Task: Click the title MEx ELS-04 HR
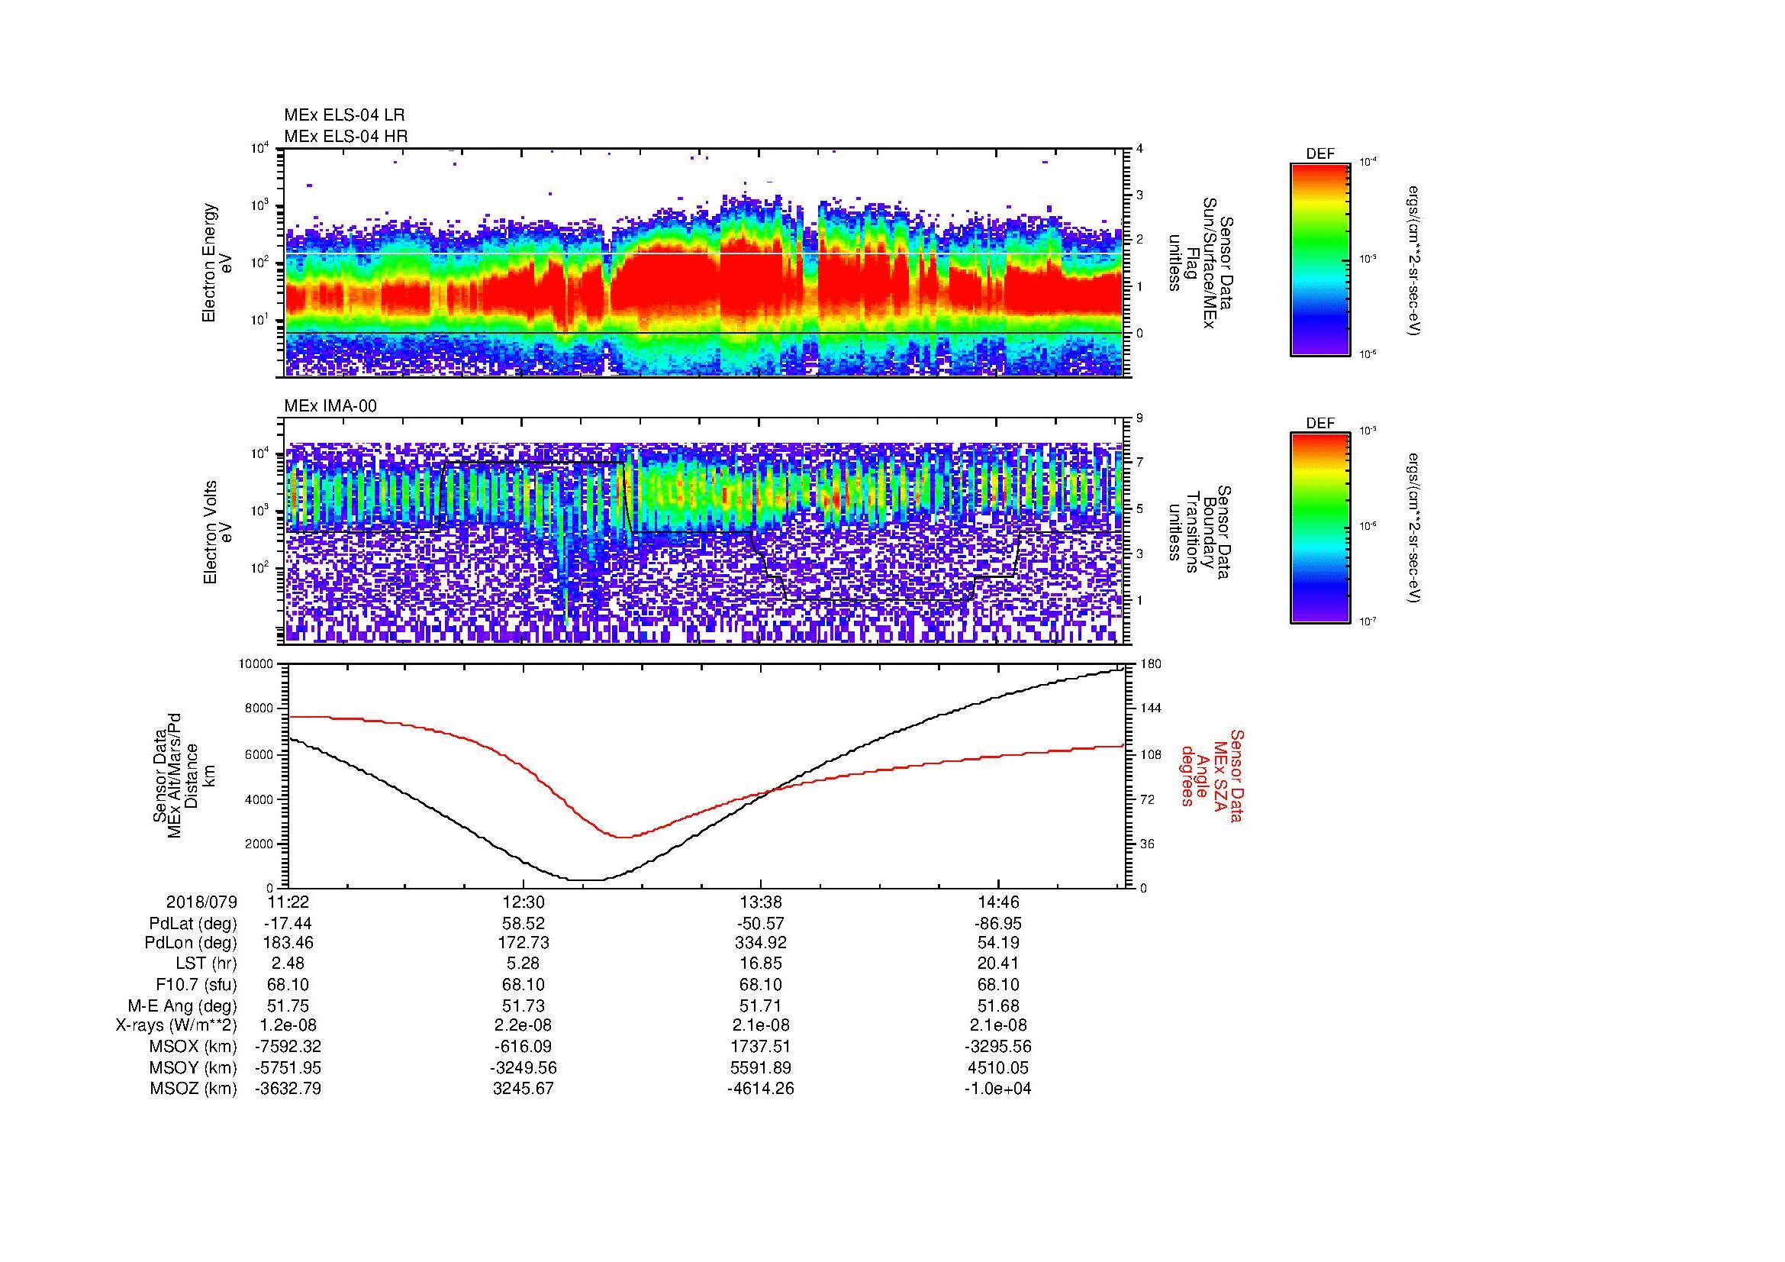click(x=345, y=136)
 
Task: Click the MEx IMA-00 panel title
click(x=330, y=406)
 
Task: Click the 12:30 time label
click(x=524, y=902)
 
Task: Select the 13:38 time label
click(x=760, y=902)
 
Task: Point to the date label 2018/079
click(x=201, y=902)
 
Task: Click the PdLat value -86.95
click(x=997, y=924)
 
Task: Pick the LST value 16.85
click(x=760, y=964)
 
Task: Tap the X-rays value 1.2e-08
click(x=288, y=1025)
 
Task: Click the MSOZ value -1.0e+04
click(x=997, y=1089)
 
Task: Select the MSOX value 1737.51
click(x=760, y=1047)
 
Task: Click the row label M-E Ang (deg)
click(x=182, y=1005)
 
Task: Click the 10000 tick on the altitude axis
click(x=256, y=664)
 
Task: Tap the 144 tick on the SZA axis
click(x=1149, y=708)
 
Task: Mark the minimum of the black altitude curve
click(x=588, y=880)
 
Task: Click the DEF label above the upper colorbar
click(x=1319, y=155)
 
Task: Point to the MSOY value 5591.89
click(x=760, y=1067)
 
